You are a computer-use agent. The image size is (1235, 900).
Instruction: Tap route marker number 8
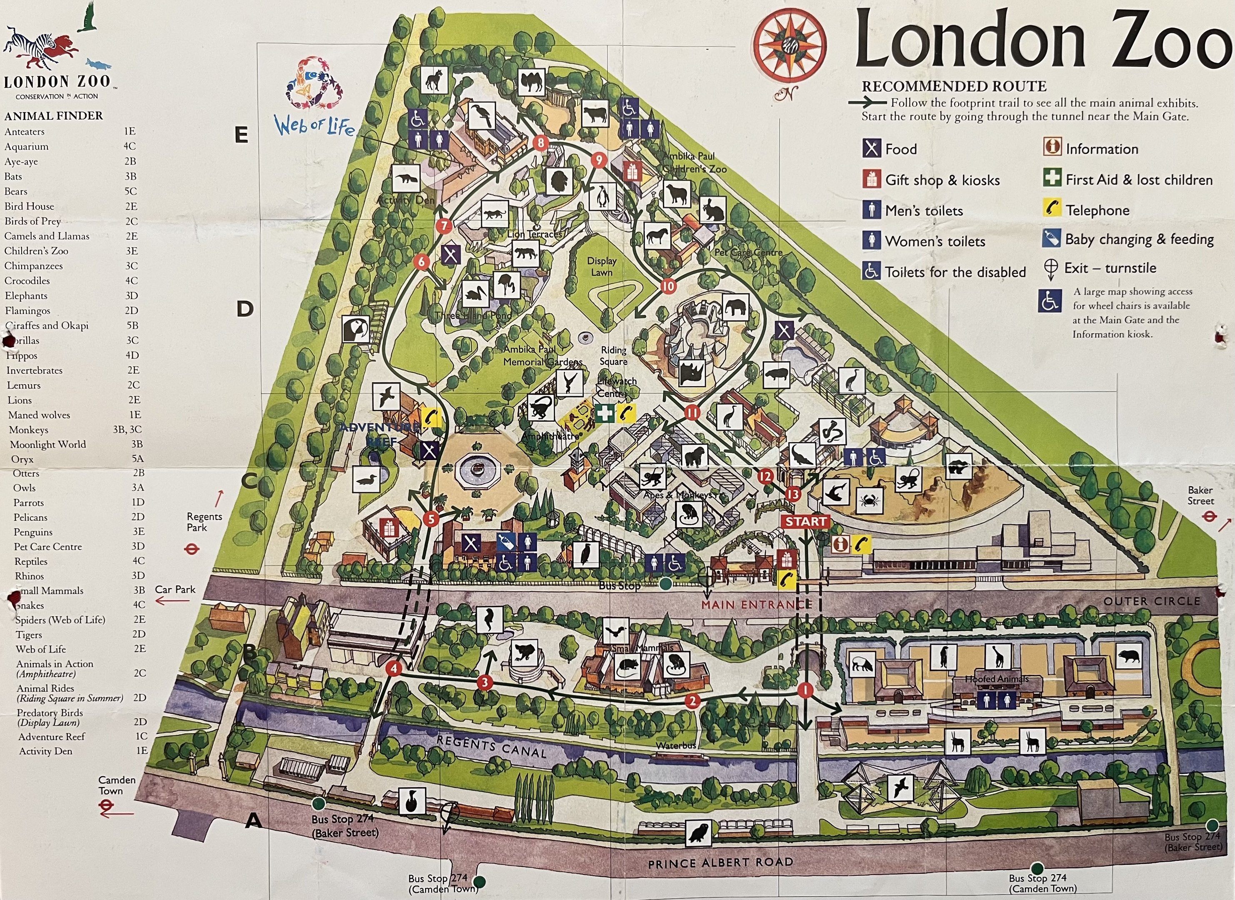pyautogui.click(x=540, y=143)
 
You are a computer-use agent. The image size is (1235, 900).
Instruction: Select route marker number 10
pyautogui.click(x=668, y=286)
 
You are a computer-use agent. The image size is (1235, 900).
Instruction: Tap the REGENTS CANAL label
pyautogui.click(x=491, y=746)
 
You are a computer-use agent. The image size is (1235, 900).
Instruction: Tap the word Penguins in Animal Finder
pyautogui.click(x=32, y=532)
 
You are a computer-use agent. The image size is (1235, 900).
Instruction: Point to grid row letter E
pyautogui.click(x=241, y=135)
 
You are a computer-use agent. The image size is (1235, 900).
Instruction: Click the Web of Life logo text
pyautogui.click(x=314, y=126)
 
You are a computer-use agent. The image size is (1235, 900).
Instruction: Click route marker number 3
pyautogui.click(x=484, y=682)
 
